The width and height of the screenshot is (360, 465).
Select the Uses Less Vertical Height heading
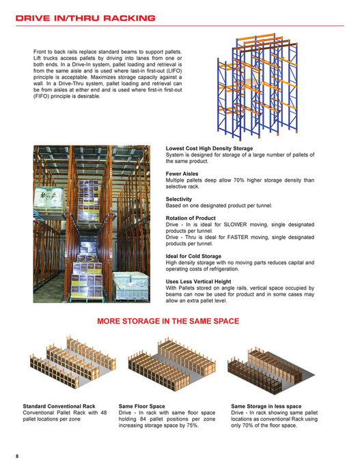203,281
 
